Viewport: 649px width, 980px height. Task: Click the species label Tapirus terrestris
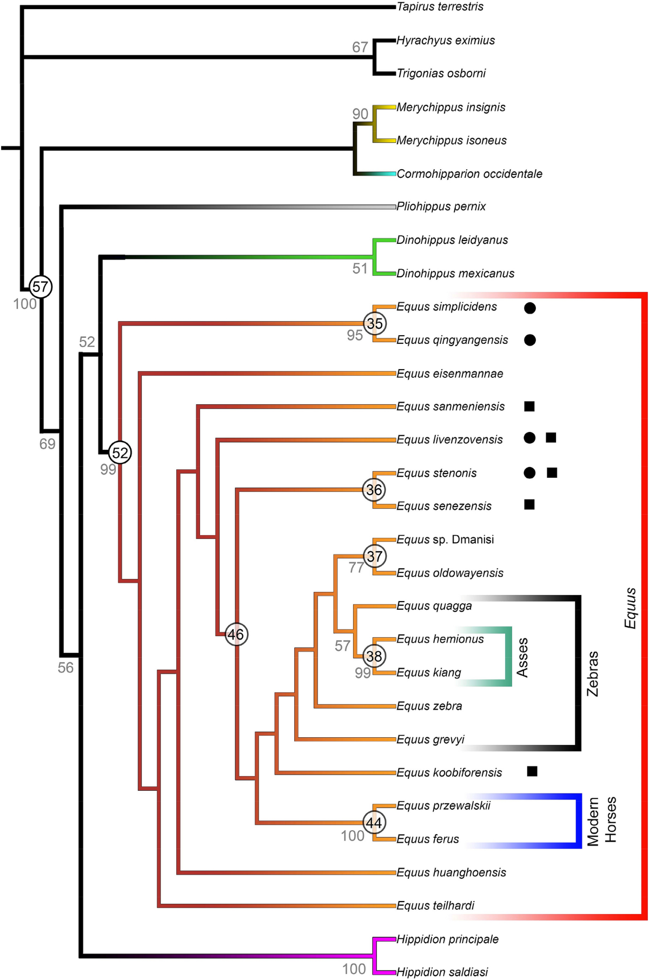tap(440, 7)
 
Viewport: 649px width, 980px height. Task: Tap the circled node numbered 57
tap(41, 286)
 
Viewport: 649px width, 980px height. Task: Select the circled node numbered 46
tap(236, 634)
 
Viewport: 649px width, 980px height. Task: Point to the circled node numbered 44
tap(374, 823)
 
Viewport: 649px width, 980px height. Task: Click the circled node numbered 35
tap(374, 323)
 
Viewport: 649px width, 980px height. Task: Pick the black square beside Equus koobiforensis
tap(532, 771)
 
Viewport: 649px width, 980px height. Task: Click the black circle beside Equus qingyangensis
tap(530, 340)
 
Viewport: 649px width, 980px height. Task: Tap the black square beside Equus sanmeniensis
tap(529, 406)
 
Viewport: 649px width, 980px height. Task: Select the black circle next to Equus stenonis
tap(529, 473)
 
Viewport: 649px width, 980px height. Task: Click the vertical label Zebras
tap(593, 674)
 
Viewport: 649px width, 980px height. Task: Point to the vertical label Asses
tap(522, 657)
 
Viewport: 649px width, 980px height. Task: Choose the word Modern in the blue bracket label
tap(593, 821)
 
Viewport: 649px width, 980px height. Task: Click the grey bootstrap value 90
tap(360, 114)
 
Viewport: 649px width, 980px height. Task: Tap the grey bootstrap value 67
tap(360, 48)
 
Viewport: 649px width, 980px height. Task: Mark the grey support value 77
tap(356, 568)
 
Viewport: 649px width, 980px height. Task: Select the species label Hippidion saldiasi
tap(442, 972)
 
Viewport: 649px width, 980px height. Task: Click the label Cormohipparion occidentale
tap(469, 174)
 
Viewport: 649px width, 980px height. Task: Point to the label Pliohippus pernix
tap(441, 206)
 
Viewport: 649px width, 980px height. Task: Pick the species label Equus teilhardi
tap(435, 905)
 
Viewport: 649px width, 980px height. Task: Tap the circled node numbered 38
tap(374, 656)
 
